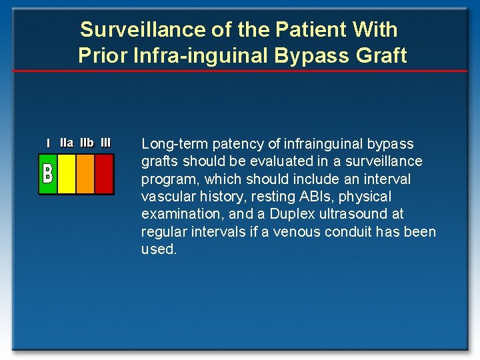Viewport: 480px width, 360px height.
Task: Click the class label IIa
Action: (67, 143)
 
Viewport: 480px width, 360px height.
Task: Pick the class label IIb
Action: (87, 143)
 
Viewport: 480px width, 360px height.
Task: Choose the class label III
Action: (105, 143)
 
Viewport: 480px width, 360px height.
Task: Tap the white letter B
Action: (47, 173)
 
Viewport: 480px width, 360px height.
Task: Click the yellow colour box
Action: (67, 174)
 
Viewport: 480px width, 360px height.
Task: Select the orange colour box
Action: (85, 174)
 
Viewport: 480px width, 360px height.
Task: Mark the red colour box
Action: (104, 174)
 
